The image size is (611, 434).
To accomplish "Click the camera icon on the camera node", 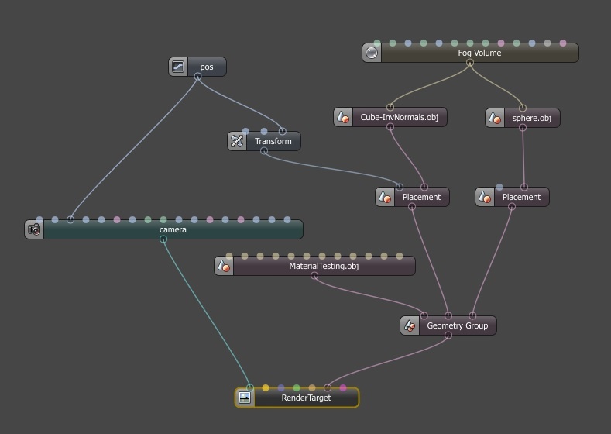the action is coord(34,229).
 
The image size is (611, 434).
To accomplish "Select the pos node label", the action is coord(207,67).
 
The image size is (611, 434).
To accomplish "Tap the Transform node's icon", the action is coord(237,141).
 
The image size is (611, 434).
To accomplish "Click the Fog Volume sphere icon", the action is coord(372,53).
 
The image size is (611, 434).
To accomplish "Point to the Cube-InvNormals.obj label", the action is coord(400,117).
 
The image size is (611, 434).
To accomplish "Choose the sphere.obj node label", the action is coord(531,118).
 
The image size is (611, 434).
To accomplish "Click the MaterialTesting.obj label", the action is coord(324,267).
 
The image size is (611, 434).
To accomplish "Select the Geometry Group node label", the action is coord(458,326).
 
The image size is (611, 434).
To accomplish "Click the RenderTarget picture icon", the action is coord(244,398).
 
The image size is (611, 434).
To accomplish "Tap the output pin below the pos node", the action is coord(197,77).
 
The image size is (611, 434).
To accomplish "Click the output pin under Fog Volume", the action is coord(470,63).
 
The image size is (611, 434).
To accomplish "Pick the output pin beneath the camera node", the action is coord(163,239).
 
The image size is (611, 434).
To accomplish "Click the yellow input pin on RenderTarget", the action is coord(266,388).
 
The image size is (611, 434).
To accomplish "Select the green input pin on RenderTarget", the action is coord(297,388).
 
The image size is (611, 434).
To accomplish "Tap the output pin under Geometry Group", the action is coord(448,336).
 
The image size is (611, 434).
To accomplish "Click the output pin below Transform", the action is coord(264,151).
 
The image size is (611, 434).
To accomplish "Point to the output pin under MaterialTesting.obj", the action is coord(314,276).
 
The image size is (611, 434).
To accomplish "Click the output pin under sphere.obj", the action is coord(523,128).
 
